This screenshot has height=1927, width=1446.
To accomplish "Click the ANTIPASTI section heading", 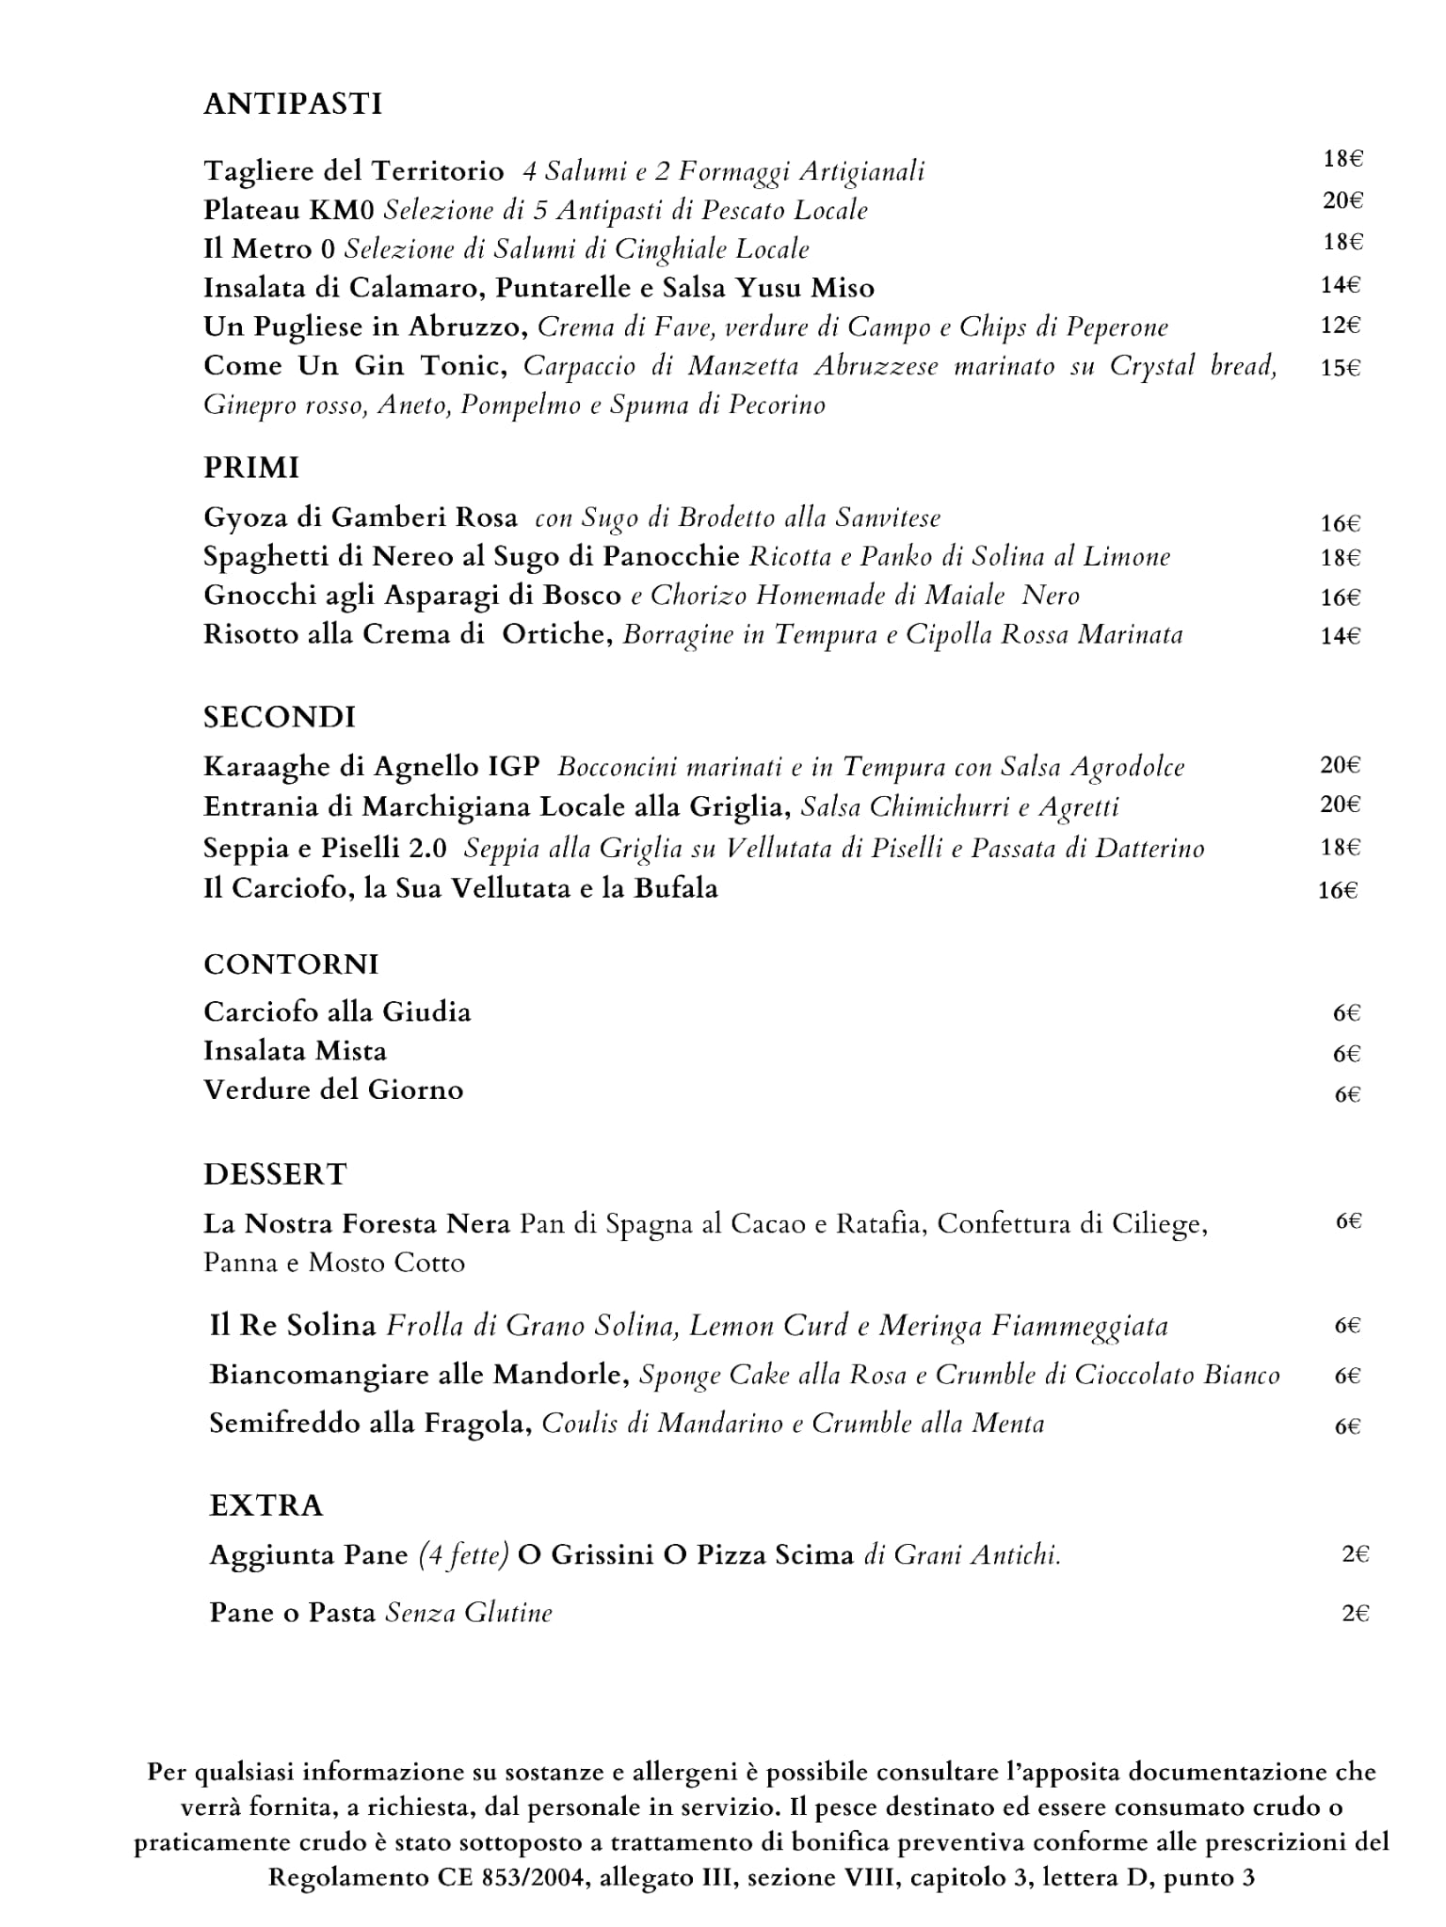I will (293, 104).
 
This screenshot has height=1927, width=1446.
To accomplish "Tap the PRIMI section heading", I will (251, 468).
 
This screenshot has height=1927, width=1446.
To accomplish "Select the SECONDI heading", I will (280, 717).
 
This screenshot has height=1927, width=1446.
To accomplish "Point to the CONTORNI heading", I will (291, 964).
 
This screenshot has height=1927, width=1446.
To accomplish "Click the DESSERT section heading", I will (275, 1174).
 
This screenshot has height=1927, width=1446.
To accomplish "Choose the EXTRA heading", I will (266, 1505).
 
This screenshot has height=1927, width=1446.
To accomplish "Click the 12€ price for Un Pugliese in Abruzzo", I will (1340, 326).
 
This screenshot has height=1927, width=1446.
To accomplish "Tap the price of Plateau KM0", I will (1342, 200).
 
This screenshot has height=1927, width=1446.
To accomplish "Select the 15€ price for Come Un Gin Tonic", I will (1340, 368).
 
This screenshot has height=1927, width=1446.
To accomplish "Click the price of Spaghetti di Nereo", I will (1341, 558).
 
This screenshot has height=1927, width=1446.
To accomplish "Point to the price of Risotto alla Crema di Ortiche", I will (1341, 636).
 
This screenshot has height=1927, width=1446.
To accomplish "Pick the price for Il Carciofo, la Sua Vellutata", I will (1338, 890).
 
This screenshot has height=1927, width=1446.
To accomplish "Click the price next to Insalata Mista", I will (1347, 1054).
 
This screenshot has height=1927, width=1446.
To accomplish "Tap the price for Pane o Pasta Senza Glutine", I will (1355, 1614).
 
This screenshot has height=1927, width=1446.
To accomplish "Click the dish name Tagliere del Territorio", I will (354, 171).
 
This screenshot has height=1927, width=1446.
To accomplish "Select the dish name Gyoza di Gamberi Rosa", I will (361, 518).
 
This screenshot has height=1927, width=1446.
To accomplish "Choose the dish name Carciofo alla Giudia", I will (337, 1012).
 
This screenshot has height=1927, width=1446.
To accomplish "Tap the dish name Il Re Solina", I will (293, 1326).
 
